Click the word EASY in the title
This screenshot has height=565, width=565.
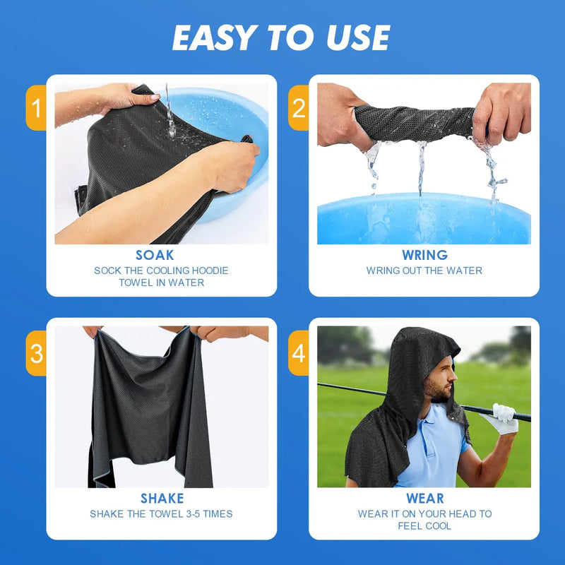(x=215, y=38)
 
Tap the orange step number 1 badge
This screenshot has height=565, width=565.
(x=36, y=108)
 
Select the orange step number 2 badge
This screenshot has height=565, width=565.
(x=298, y=108)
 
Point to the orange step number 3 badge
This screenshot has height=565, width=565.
(x=36, y=353)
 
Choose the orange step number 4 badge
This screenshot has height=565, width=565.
(x=298, y=353)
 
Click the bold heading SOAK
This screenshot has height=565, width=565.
(x=155, y=255)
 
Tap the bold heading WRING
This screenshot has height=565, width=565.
(x=425, y=255)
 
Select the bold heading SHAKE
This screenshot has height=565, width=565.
(x=162, y=499)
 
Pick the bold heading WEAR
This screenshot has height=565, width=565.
(x=425, y=499)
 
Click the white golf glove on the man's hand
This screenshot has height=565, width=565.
(x=501, y=418)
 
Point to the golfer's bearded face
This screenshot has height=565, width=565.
(x=440, y=382)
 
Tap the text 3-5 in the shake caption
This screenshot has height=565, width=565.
(x=192, y=514)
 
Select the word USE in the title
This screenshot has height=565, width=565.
(x=358, y=38)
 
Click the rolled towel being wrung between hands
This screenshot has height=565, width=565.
(x=415, y=123)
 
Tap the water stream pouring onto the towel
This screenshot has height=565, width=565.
(x=169, y=112)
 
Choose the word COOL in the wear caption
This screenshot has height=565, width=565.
(x=438, y=526)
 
